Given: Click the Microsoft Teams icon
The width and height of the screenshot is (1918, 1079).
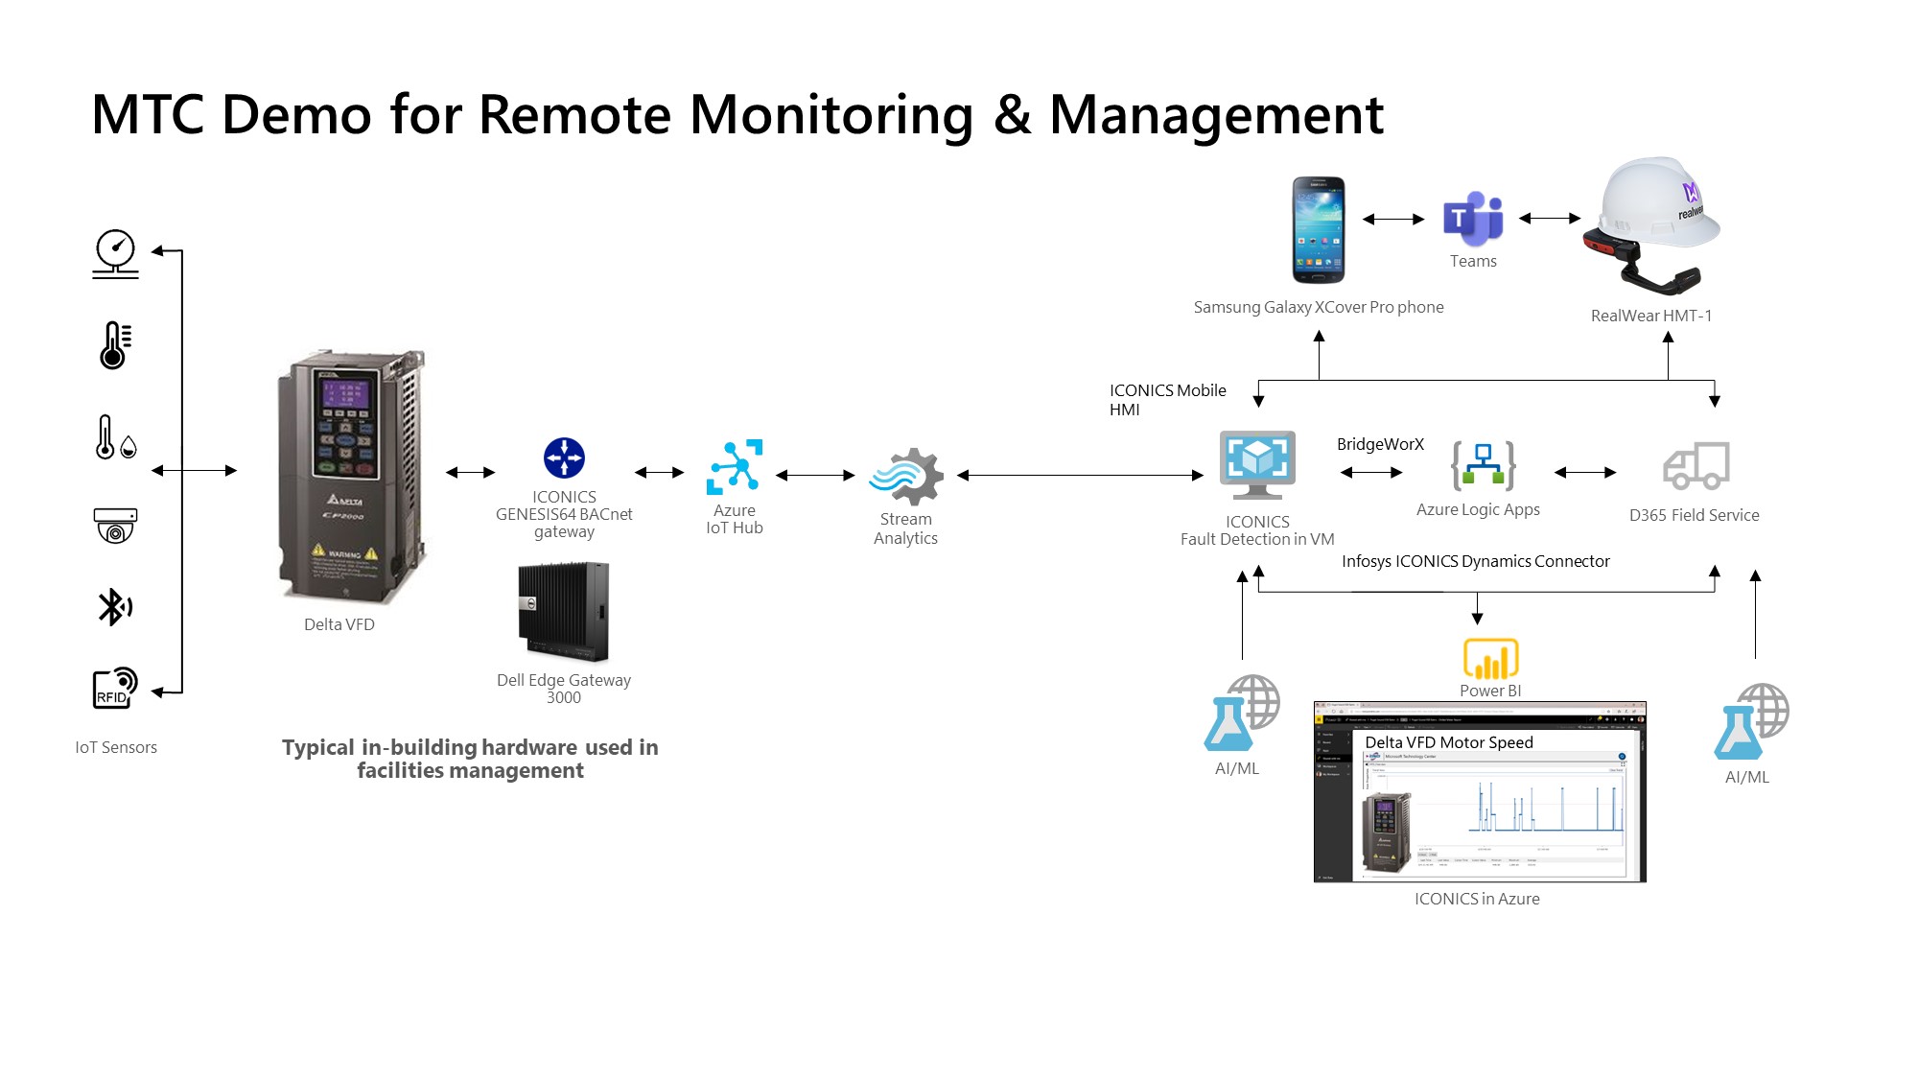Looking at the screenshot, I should (x=1472, y=219).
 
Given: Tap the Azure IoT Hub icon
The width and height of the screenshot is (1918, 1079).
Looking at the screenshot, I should (x=735, y=467).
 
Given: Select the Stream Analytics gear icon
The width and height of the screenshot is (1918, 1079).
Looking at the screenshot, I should (x=906, y=476).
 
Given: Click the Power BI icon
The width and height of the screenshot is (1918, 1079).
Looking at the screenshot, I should (x=1490, y=659).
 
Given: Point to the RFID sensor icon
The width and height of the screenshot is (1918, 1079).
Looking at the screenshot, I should (x=115, y=688).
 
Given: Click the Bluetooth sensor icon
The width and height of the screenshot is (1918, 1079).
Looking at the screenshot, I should (x=115, y=606).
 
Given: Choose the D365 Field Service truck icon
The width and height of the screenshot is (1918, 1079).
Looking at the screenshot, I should (x=1696, y=466).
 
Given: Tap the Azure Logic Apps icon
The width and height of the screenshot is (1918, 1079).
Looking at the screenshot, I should (x=1483, y=465).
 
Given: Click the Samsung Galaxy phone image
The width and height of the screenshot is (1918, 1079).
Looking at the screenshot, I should (x=1318, y=230).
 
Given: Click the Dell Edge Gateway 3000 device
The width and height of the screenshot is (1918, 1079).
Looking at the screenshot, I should (x=564, y=612).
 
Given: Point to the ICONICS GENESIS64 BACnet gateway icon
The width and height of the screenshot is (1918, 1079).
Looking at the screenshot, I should (x=564, y=457).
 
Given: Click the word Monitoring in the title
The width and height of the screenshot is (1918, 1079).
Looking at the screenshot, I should (x=831, y=115).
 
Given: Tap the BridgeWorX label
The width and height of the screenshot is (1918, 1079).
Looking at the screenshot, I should (x=1380, y=444).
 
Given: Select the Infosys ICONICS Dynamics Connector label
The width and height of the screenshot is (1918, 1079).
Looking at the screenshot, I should (x=1475, y=561).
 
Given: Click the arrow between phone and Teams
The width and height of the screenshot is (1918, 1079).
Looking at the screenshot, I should (x=1393, y=219).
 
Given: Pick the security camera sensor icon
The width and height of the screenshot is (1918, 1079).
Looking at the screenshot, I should (x=115, y=526).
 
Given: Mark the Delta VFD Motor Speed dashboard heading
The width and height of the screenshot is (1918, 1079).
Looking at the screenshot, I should (x=1448, y=742).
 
